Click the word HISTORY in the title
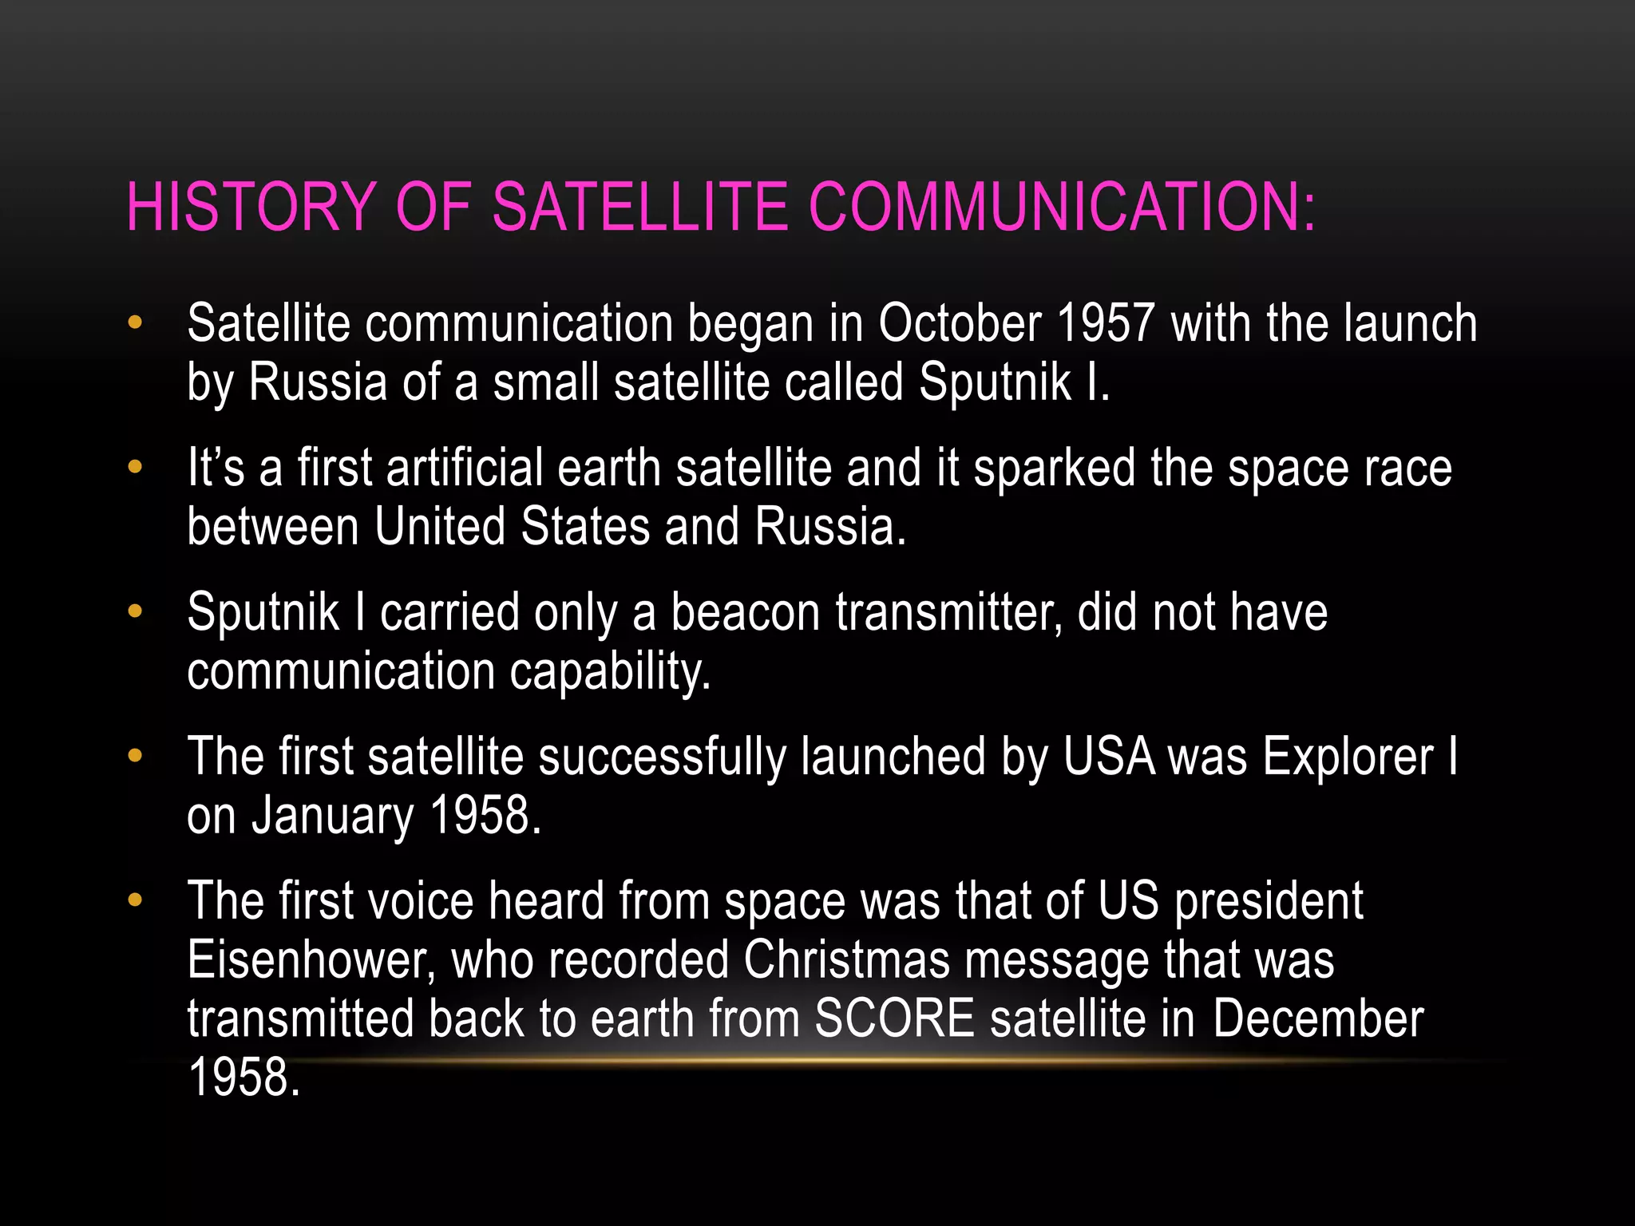251,207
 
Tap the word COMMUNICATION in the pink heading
1061,207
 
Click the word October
960,324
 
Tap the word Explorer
1348,757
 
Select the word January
333,817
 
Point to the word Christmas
847,960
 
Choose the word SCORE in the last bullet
894,1019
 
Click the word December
1317,1019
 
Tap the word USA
1109,757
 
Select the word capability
610,672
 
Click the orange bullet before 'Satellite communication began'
135,323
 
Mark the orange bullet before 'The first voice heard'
135,900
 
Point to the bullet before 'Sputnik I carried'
135,612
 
